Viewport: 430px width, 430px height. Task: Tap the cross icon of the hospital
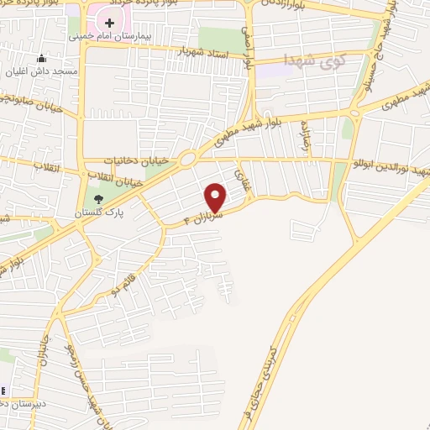109,21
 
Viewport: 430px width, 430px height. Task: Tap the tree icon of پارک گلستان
99,199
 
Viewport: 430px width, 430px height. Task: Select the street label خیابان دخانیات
136,159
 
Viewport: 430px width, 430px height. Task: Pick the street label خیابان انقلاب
118,176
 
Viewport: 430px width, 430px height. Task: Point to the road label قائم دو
128,275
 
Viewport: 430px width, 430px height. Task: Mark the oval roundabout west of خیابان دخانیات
186,158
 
